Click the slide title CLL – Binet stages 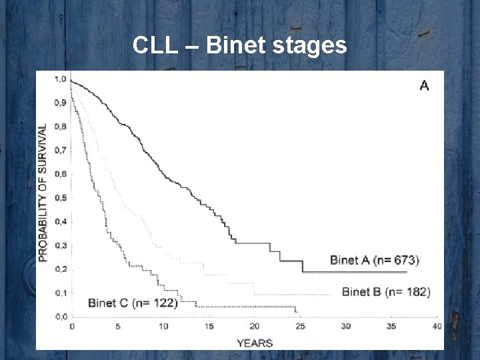239,45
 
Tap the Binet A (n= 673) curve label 375,260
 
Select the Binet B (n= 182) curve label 386,291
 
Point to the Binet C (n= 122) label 133,303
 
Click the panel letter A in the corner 423,85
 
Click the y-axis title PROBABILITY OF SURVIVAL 43,192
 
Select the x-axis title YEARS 255,343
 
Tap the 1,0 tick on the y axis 60,79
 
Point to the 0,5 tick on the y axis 60,198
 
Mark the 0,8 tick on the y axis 60,127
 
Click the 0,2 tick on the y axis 60,269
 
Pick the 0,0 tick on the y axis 60,316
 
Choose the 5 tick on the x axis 118,326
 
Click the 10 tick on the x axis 163,326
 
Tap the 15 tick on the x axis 209,326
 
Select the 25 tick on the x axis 300,326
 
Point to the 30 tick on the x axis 345,326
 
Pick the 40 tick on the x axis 437,326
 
